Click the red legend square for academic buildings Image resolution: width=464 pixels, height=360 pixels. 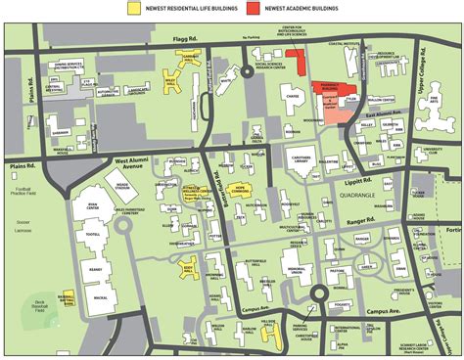[253, 8]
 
